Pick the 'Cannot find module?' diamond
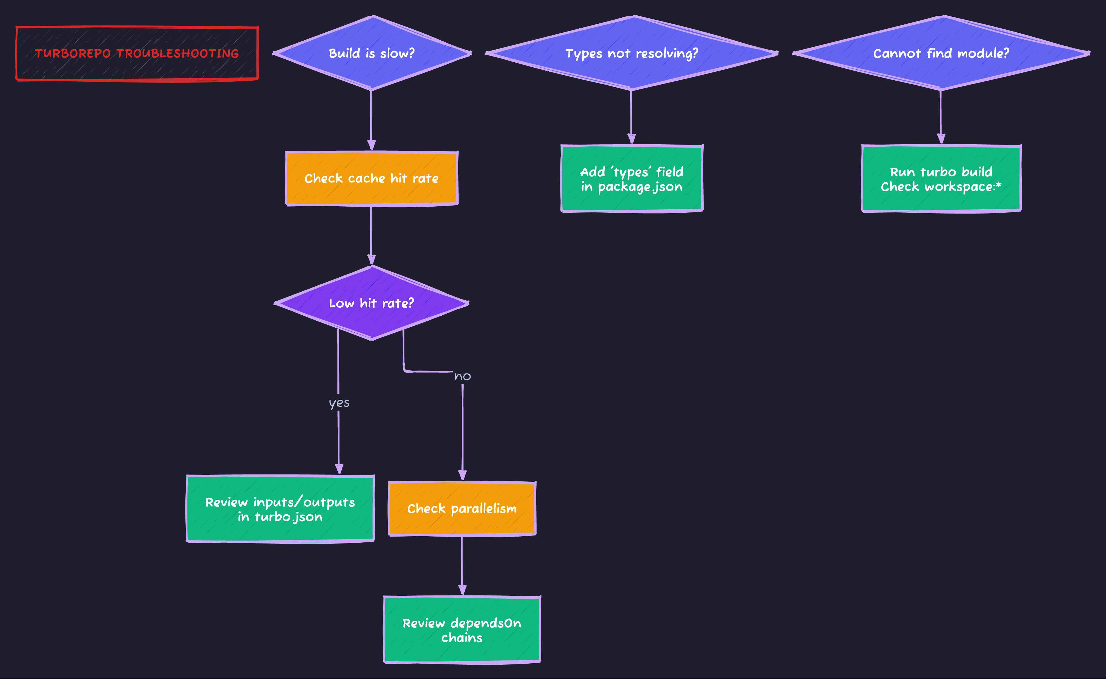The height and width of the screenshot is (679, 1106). pos(941,53)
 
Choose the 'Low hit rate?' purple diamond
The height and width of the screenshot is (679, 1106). pos(371,303)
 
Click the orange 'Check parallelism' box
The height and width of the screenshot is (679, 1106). pos(461,508)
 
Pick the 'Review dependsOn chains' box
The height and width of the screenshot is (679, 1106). pos(461,630)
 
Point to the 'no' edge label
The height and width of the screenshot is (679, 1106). pos(462,376)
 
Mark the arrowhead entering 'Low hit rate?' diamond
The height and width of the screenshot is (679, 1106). pos(371,260)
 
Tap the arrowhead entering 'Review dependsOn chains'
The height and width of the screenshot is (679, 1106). pos(462,590)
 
